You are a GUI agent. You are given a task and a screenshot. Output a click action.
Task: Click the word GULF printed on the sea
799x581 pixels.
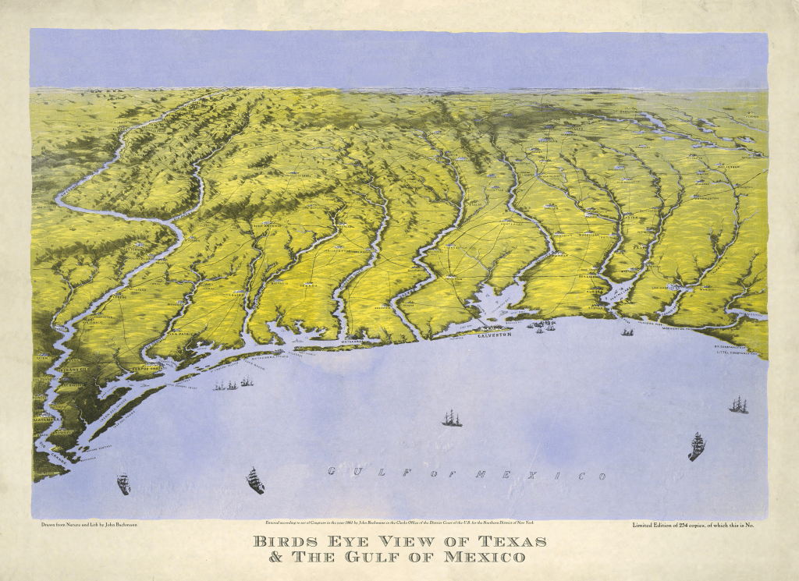tap(356, 471)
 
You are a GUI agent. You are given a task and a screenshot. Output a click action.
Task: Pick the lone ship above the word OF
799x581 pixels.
tap(452, 419)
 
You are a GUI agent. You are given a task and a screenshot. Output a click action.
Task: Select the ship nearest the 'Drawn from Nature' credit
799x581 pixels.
tap(123, 484)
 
